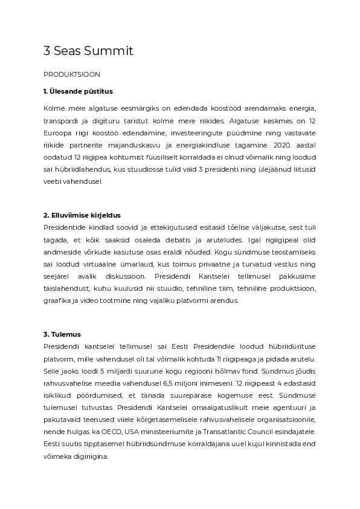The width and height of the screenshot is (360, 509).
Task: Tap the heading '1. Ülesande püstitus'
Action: point(78,91)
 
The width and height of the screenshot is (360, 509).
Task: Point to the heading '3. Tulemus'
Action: point(62,334)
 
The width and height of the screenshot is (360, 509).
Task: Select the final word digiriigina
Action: point(91,457)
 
